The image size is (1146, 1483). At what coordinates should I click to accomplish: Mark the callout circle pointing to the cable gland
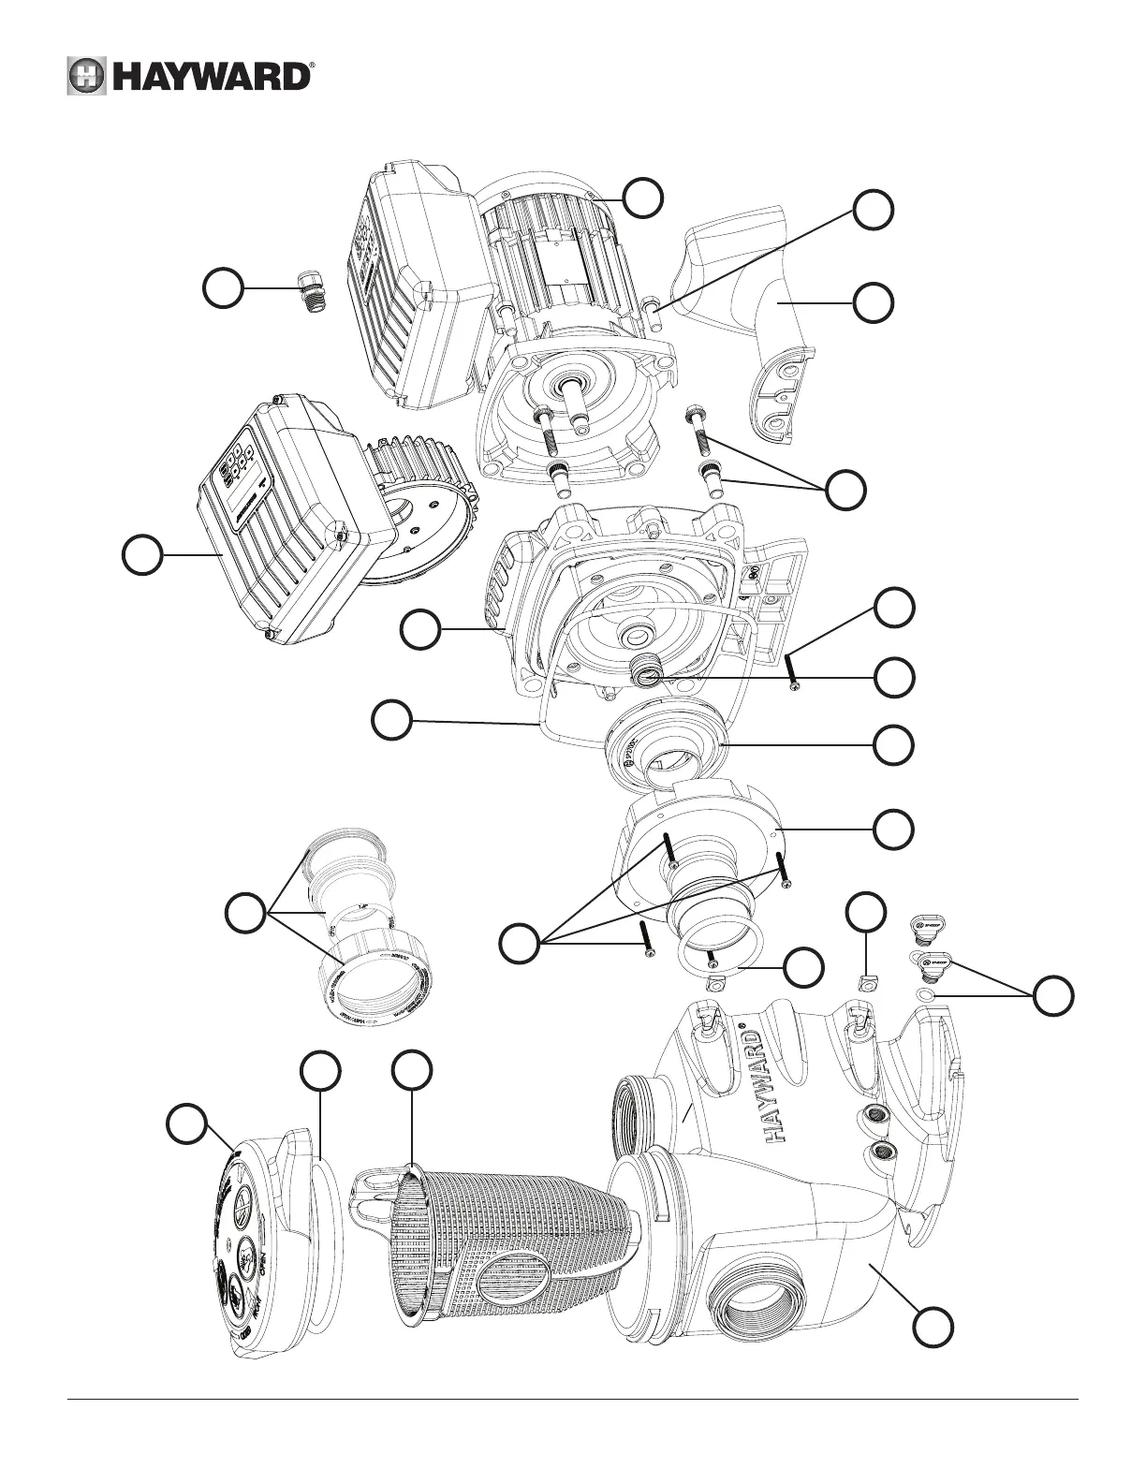pos(224,288)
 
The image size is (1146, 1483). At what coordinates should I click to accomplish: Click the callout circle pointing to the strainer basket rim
pos(412,1070)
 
